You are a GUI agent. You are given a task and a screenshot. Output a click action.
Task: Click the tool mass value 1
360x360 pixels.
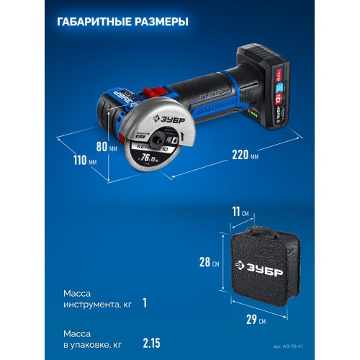pos(144,302)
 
